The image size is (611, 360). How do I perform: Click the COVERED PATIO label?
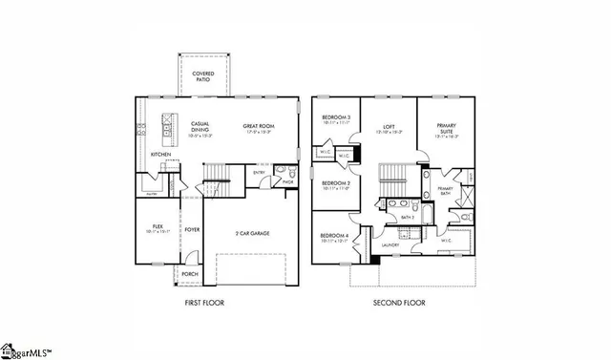[202, 76]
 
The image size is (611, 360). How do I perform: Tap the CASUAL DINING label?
[173, 126]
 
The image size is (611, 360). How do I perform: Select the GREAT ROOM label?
[258, 126]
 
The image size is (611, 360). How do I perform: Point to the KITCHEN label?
[160, 154]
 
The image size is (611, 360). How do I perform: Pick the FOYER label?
[192, 229]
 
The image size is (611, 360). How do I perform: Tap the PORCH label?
[190, 273]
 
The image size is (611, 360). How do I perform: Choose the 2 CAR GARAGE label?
[252, 232]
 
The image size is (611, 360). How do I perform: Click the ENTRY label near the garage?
[259, 173]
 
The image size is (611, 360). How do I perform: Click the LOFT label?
[389, 126]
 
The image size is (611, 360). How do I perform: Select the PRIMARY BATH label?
[445, 191]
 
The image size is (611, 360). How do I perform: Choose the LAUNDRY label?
[390, 245]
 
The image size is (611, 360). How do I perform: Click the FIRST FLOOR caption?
[205, 303]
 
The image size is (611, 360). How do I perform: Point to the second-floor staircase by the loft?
[393, 175]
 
